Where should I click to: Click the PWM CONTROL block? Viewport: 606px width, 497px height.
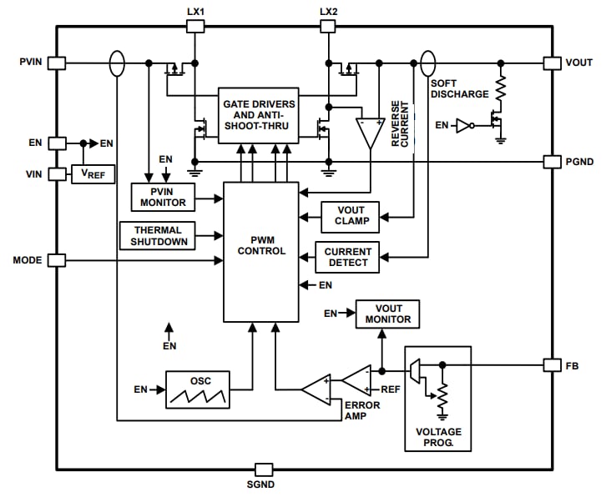(260, 251)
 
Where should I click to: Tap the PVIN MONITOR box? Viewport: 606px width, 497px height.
(162, 197)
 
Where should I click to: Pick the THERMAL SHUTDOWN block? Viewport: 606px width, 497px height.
(156, 235)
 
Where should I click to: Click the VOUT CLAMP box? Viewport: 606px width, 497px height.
(350, 217)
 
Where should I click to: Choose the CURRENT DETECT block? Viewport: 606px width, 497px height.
(347, 257)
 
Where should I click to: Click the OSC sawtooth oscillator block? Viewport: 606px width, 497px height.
(197, 389)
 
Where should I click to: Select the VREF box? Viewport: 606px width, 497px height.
(93, 173)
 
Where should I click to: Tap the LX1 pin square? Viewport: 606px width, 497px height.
(194, 26)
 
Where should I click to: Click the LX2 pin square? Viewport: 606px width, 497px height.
(327, 26)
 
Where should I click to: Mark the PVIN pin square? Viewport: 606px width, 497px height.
(56, 63)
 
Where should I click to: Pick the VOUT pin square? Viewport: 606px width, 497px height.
(552, 63)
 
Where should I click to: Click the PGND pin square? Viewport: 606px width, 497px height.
(552, 160)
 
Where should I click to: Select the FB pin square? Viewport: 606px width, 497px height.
(552, 364)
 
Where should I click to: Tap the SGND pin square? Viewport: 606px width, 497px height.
(264, 469)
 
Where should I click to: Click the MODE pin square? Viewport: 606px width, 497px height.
(56, 260)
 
